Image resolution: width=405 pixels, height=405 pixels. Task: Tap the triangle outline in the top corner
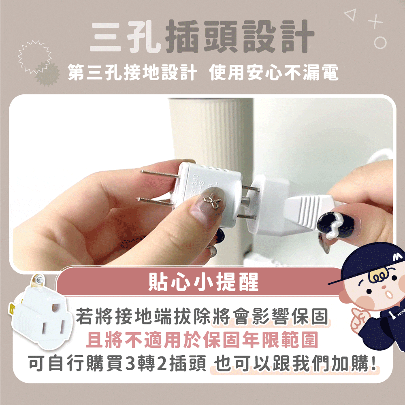351,15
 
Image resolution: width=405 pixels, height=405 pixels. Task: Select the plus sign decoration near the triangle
375,22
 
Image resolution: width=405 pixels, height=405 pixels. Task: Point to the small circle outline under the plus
380,43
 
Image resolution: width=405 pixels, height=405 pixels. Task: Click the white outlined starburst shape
34,57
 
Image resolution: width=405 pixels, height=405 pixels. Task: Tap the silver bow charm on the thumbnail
212,201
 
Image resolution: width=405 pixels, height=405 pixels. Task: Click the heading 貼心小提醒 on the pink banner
204,282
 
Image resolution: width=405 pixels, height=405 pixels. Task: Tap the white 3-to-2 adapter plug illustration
41,314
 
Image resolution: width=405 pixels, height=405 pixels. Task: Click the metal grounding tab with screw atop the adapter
38,281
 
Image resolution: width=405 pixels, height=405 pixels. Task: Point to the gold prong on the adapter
12,309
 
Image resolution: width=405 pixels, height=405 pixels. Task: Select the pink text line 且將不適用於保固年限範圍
202,340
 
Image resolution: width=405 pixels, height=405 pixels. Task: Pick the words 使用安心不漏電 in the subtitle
274,72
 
